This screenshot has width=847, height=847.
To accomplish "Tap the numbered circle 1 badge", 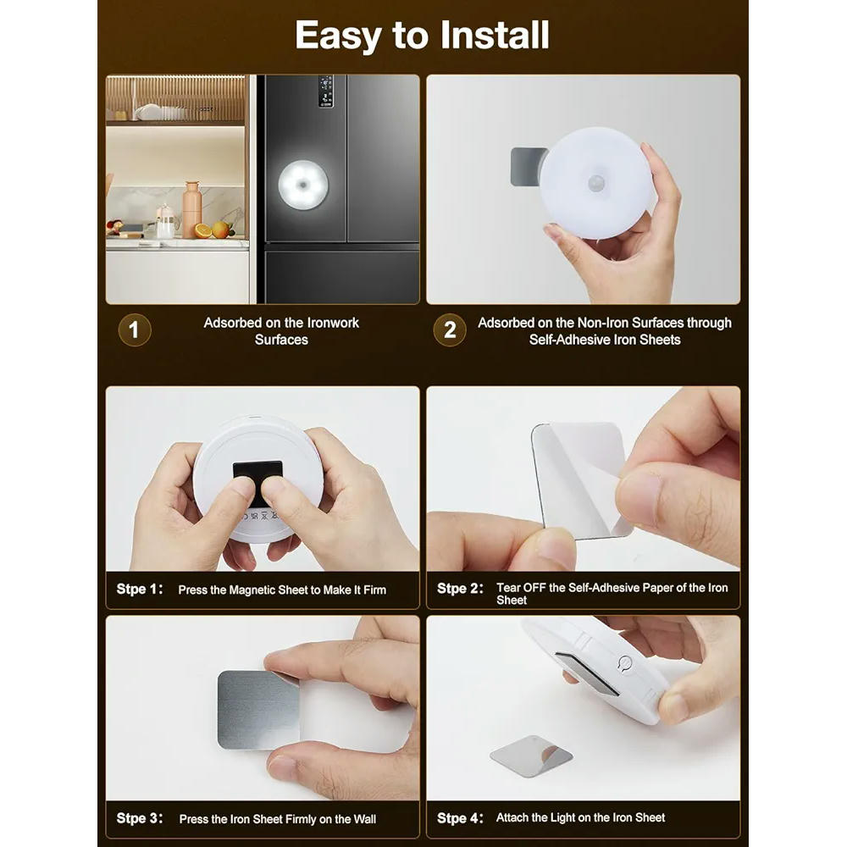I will click(134, 330).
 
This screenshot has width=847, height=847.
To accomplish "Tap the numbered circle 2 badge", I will click(449, 330).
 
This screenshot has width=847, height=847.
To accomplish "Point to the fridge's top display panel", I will click(325, 91).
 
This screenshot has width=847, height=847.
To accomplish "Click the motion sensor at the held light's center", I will click(598, 183).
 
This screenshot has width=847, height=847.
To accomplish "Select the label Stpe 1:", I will click(140, 589).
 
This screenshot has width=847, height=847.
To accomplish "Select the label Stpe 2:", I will click(461, 588).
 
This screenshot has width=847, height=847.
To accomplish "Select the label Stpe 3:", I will click(140, 818).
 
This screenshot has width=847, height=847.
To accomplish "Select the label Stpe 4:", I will click(461, 817).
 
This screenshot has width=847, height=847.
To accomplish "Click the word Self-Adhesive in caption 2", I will click(566, 340).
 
